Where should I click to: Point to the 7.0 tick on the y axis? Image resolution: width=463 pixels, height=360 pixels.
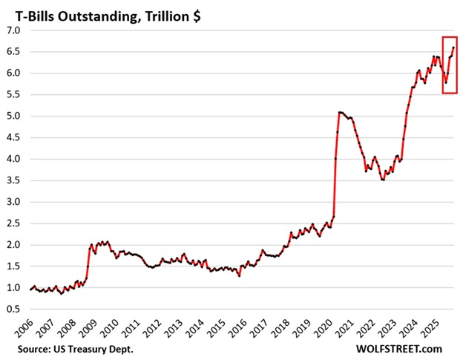15,30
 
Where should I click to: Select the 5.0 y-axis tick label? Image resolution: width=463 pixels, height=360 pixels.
15,117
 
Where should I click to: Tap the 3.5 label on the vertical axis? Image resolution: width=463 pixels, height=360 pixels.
15,180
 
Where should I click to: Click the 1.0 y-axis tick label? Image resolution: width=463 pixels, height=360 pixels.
15,288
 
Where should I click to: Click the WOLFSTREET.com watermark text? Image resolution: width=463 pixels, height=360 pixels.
399,348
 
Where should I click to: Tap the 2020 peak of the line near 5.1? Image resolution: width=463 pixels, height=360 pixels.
340,112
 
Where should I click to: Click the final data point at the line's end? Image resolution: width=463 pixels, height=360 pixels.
453,48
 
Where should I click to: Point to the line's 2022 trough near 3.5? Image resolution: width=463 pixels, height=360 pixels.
383,180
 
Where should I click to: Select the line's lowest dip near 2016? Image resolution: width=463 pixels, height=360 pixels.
239,276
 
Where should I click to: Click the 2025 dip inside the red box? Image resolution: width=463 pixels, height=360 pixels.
446,82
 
